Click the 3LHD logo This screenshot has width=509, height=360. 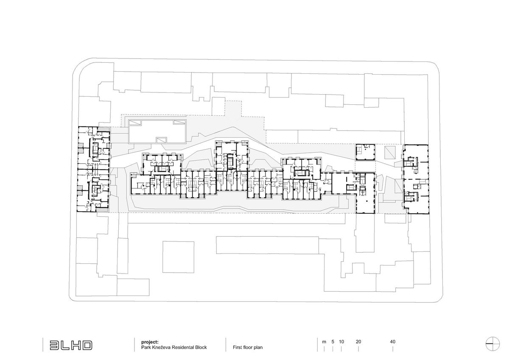(70, 345)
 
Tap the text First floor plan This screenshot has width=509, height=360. (248, 347)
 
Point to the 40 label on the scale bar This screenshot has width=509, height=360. (393, 341)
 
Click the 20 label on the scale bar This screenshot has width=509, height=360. (358, 341)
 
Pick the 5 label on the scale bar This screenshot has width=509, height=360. (333, 341)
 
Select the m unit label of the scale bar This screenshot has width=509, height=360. (324, 341)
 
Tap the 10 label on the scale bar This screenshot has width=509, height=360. (341, 341)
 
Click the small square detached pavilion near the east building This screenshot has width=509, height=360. (365, 152)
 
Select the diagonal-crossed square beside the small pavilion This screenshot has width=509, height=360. (389, 152)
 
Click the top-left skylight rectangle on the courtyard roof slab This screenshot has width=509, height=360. (136, 123)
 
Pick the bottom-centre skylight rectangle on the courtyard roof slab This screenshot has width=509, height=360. (162, 140)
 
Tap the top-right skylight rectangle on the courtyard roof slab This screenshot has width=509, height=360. (180, 123)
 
